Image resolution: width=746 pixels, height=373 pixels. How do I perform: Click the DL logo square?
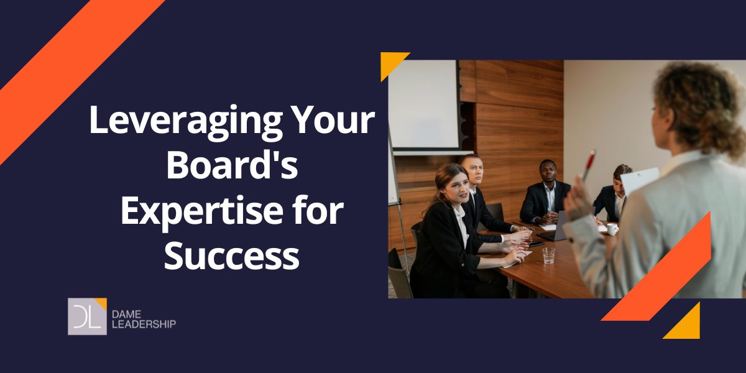pos(87,316)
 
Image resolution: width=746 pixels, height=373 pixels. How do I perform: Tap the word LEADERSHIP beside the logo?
pos(145,323)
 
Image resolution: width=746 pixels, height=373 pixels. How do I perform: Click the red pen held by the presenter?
pos(589,164)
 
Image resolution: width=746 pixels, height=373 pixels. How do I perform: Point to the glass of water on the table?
pos(548,255)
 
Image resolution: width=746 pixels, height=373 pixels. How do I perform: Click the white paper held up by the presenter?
pos(637,181)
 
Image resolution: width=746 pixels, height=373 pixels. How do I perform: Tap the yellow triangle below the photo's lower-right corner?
pos(686,323)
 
